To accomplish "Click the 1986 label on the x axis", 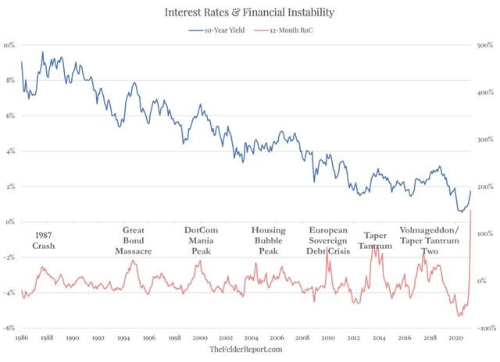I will tap(21, 338).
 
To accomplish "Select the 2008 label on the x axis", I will tap(302, 338).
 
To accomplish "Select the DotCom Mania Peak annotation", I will tap(202, 240).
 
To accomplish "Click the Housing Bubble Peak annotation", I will tap(268, 240).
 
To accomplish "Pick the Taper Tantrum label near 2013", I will tap(378, 240).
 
